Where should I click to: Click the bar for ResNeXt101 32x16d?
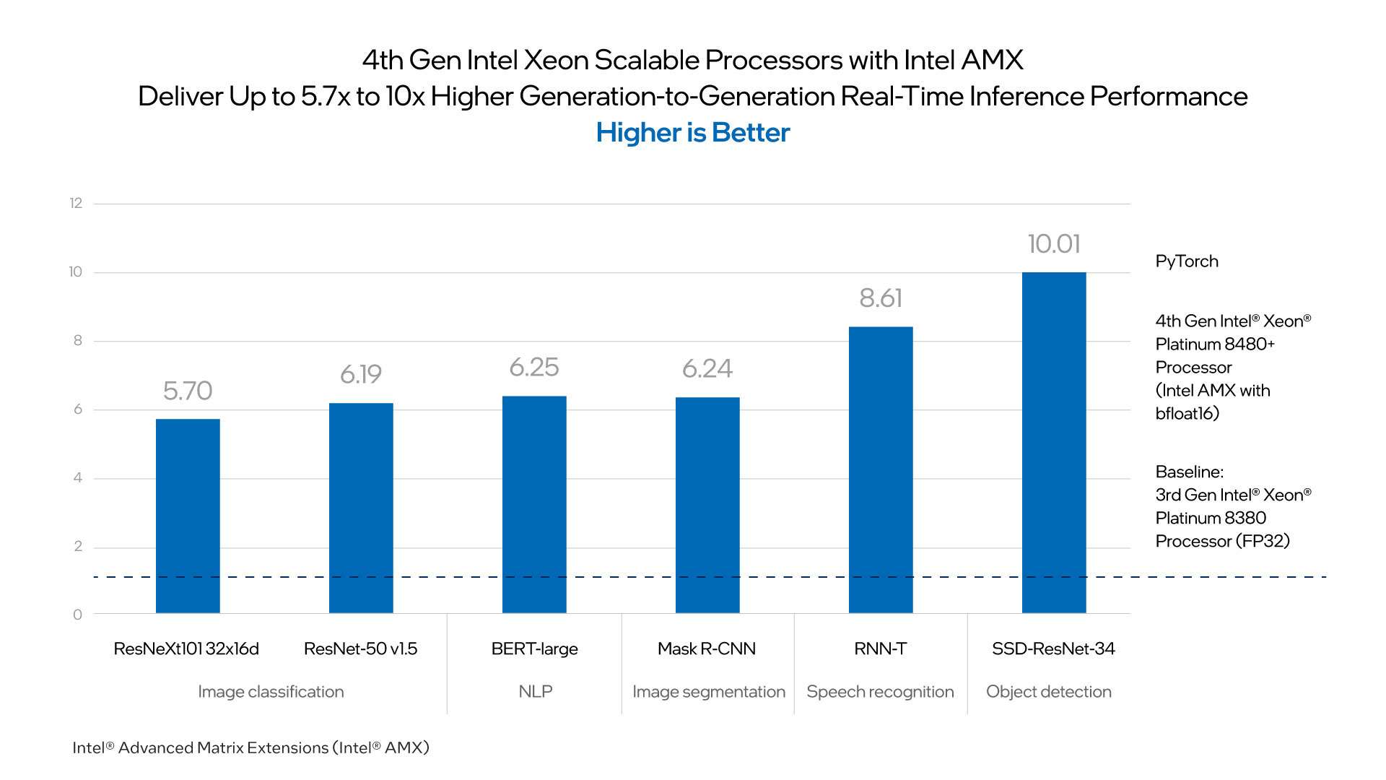tap(188, 516)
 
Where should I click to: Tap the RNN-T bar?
tap(881, 469)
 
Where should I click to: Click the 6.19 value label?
tap(361, 374)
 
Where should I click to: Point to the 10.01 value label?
tap(1054, 244)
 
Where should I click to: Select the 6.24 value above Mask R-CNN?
tap(707, 369)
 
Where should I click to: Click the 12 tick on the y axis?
tap(76, 203)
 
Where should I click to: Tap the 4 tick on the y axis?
tap(77, 477)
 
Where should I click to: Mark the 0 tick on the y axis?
tap(77, 615)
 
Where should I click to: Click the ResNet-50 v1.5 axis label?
tap(360, 649)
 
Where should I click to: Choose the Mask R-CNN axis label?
tap(707, 649)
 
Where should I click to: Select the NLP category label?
tap(535, 691)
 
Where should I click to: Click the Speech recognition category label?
tap(880, 691)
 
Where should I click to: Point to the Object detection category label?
tap(1048, 691)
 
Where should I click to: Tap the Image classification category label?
tap(271, 691)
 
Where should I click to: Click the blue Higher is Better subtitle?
tap(693, 133)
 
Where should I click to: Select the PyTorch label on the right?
tap(1187, 261)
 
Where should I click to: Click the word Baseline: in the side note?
tap(1189, 472)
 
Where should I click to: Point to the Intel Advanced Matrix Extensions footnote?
tap(250, 747)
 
